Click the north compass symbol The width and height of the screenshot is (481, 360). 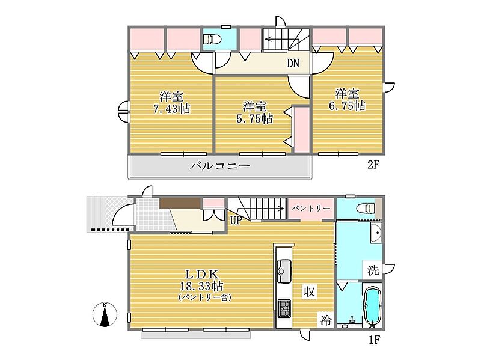coord(105,314)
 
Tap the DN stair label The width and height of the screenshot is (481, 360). coord(293,64)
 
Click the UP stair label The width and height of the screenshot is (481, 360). coord(236,220)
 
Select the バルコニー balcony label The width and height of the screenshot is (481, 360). coord(219,166)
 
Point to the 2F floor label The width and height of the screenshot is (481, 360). coord(373,165)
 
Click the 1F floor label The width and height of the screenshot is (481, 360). coord(374,340)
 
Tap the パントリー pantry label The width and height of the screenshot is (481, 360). coord(310,209)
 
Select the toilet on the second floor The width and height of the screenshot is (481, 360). coord(212,39)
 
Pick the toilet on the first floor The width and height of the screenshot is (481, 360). coord(366,209)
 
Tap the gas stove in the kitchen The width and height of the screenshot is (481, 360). coord(284,308)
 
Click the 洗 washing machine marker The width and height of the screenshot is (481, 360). coord(373,270)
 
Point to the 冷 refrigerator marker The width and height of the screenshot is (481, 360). coord(325,320)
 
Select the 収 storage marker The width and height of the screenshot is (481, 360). coord(309,291)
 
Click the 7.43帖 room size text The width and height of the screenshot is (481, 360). coord(171,109)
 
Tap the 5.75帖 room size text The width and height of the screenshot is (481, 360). coord(254,118)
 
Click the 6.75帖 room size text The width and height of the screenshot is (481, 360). coord(347,106)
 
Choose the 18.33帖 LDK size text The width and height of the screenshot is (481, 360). coord(201,287)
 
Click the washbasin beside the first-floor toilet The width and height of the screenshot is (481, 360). coord(376,233)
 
